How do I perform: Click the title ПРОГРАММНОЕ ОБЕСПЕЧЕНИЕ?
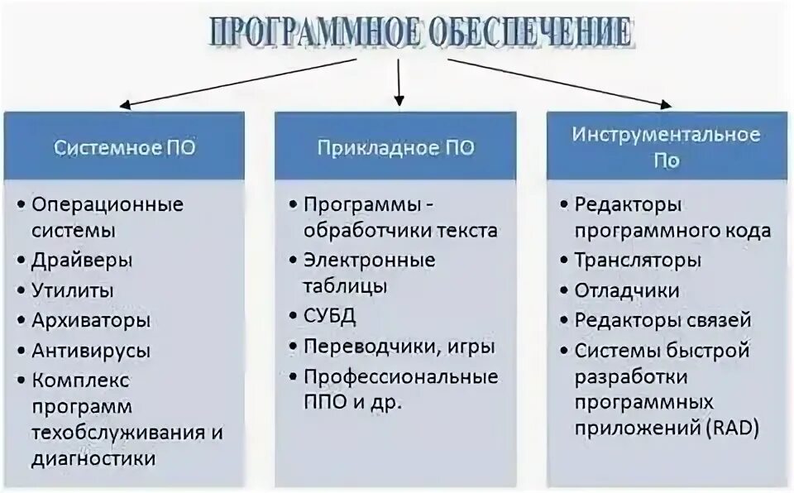pyautogui.click(x=421, y=32)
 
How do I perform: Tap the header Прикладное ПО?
pyautogui.click(x=395, y=148)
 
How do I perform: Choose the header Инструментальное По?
pyautogui.click(x=666, y=146)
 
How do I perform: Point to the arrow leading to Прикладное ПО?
pyautogui.click(x=399, y=83)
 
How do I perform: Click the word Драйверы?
pyautogui.click(x=82, y=261)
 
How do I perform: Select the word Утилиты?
pyautogui.click(x=73, y=290)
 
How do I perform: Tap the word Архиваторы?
pyautogui.click(x=91, y=319)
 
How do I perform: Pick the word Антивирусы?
pyautogui.click(x=91, y=350)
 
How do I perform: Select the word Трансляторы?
pyautogui.click(x=638, y=261)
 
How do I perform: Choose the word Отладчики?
pyautogui.click(x=627, y=290)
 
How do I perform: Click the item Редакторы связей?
pyautogui.click(x=662, y=320)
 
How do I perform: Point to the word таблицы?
pyautogui.click(x=345, y=286)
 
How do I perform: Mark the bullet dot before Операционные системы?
pyautogui.click(x=20, y=204)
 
